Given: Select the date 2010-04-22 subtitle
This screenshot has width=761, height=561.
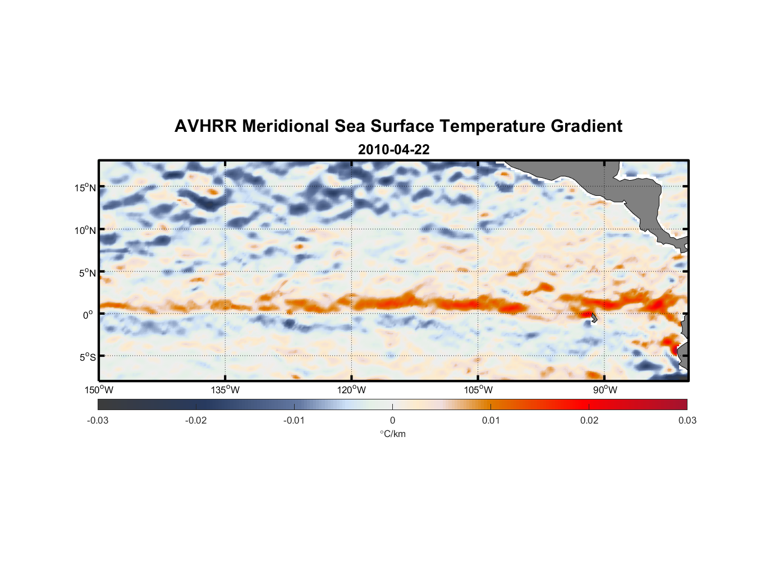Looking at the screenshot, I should tap(393, 150).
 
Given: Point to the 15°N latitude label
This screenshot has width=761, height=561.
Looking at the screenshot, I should tap(85, 187).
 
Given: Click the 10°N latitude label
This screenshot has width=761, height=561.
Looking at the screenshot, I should tap(85, 230).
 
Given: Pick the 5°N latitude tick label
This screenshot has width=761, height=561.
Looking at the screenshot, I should tap(87, 273).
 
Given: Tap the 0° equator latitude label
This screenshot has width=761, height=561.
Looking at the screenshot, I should tap(88, 315).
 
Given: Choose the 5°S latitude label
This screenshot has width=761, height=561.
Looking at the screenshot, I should tap(87, 357).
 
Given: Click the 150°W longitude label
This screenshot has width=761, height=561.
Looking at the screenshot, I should tap(99, 390).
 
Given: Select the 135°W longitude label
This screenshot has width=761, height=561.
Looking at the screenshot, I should tap(226, 390).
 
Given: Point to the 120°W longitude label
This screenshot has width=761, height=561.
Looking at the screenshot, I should tap(352, 390).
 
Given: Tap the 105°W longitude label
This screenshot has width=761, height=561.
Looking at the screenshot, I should tap(478, 390).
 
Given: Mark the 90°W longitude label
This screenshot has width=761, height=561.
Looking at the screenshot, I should tap(605, 390).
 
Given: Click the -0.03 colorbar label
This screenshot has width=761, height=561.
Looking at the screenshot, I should tap(98, 420).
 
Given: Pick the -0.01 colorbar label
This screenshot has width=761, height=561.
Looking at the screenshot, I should tap(294, 420).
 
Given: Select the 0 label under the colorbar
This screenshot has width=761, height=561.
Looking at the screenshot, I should tap(392, 420).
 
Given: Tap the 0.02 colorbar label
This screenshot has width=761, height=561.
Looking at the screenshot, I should tap(589, 420).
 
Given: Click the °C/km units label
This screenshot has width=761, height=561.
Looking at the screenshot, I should tap(392, 434).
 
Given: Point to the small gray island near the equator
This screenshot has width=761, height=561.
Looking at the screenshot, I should tap(594, 318).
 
